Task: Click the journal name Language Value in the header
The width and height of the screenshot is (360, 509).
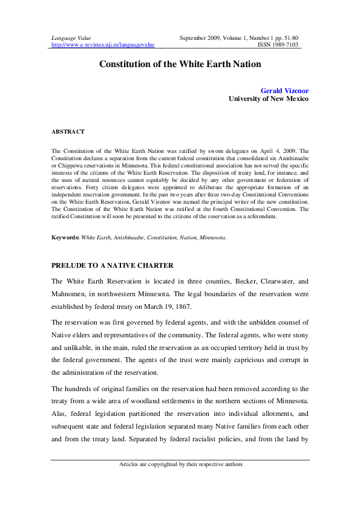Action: click(x=68, y=38)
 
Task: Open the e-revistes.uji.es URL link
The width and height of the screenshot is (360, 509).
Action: click(x=103, y=45)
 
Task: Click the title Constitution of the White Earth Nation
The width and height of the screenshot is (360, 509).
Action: click(x=180, y=63)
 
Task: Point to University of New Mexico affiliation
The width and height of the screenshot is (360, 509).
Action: click(x=269, y=99)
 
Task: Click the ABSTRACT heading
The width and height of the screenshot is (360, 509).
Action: click(x=68, y=131)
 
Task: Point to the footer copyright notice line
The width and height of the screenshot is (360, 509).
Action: click(x=180, y=464)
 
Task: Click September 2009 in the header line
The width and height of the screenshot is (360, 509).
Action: click(x=203, y=38)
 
